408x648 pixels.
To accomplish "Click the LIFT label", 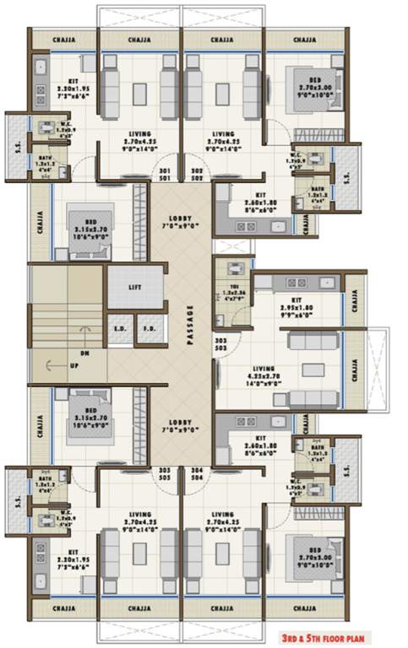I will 135,287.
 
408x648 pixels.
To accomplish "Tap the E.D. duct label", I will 119,328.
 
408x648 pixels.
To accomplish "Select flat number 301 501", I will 164,175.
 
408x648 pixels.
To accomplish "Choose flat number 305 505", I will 164,473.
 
